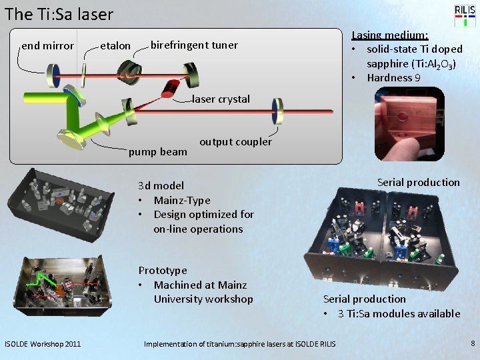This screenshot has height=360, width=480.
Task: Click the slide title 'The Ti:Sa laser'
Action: pyautogui.click(x=59, y=14)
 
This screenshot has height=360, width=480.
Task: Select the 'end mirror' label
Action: pyautogui.click(x=47, y=46)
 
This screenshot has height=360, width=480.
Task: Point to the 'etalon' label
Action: pyautogui.click(x=115, y=46)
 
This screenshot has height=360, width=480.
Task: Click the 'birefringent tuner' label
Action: pyautogui.click(x=194, y=45)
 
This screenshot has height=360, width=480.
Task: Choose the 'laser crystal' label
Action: pyautogui.click(x=221, y=99)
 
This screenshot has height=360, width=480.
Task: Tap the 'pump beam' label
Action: pyautogui.click(x=158, y=151)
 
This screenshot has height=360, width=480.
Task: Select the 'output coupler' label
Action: pyautogui.click(x=235, y=141)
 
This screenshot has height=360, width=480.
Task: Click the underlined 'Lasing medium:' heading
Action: pyautogui.click(x=389, y=35)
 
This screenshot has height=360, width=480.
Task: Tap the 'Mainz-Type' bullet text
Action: pyautogui.click(x=181, y=200)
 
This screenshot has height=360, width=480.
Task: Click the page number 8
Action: pyautogui.click(x=472, y=343)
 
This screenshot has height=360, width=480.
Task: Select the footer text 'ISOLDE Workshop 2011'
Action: pyautogui.click(x=43, y=344)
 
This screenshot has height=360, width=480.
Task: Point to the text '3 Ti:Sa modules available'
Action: pyautogui.click(x=399, y=313)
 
